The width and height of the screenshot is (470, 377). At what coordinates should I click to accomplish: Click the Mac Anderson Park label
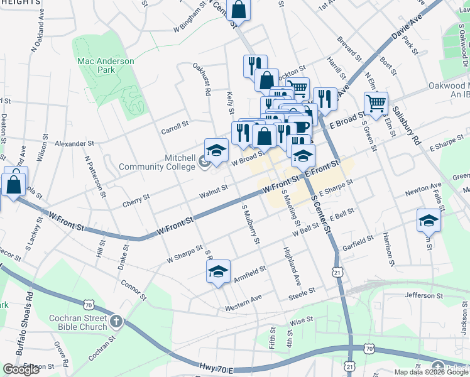(x=106, y=65)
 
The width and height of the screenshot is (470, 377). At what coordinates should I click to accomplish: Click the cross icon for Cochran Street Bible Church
(x=116, y=322)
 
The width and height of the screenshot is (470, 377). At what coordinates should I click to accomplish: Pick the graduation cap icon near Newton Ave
(x=429, y=220)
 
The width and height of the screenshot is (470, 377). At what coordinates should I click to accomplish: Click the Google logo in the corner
(x=21, y=369)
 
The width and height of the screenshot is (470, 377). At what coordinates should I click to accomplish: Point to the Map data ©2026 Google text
(x=431, y=372)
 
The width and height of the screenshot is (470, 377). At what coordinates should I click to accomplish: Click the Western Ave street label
(x=243, y=303)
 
